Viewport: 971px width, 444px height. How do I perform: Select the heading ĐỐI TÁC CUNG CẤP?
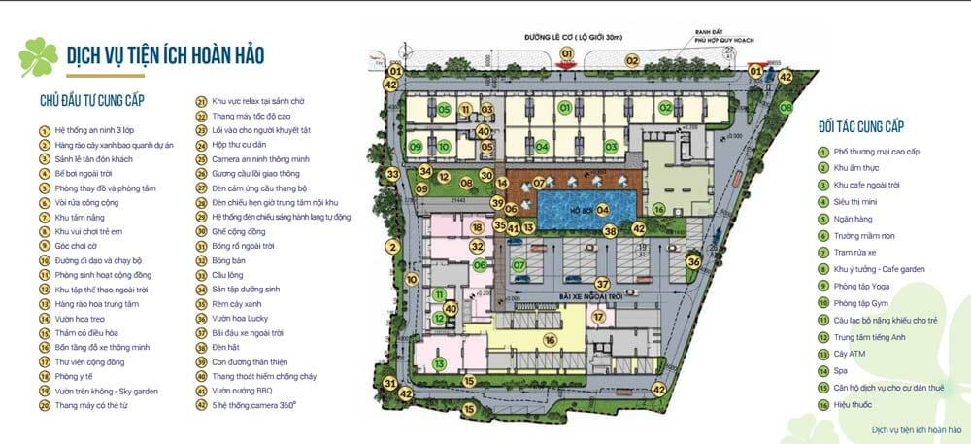click(x=861, y=127)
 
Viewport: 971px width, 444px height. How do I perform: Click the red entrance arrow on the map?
click(x=566, y=63)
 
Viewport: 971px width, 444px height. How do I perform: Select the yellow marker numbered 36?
click(x=693, y=261)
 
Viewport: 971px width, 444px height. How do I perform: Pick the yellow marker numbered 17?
click(x=599, y=317)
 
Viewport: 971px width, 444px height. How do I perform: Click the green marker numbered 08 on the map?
click(x=466, y=182)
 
